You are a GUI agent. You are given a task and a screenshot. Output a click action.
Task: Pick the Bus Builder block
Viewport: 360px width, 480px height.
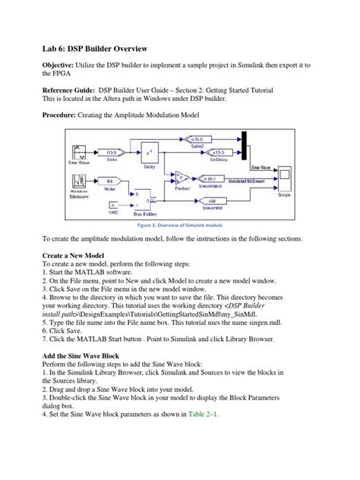pos(142,203)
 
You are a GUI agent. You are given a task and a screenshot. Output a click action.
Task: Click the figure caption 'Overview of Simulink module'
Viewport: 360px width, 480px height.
pos(179,226)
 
